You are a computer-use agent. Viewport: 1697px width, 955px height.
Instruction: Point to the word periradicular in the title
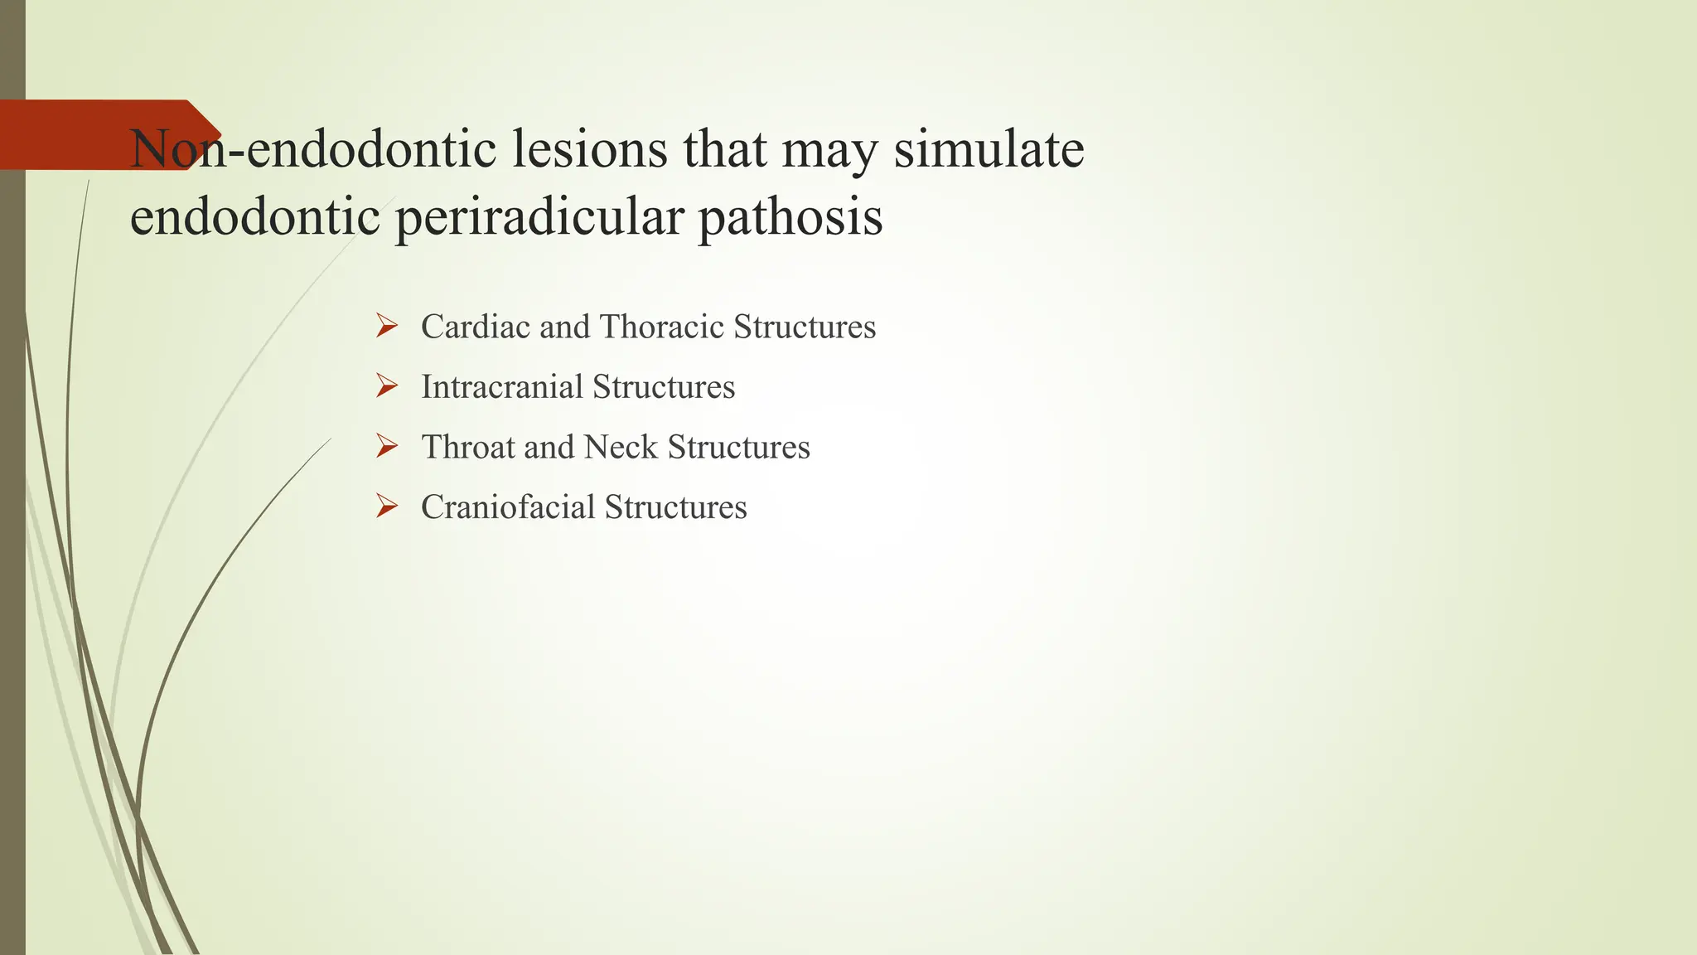pos(539,217)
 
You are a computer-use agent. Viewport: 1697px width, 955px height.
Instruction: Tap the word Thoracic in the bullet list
pos(662,327)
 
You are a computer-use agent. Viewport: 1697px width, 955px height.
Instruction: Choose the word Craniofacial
pos(508,507)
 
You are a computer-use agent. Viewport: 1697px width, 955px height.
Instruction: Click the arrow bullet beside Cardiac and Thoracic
pos(386,326)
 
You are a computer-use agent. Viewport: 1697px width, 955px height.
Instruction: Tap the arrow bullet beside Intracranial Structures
pos(386,386)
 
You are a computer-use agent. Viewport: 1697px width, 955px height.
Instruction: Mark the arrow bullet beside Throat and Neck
pos(386,446)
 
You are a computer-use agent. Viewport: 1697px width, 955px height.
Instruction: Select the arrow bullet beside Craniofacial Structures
pos(386,507)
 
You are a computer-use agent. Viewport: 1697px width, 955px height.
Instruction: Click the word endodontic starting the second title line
pos(255,217)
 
